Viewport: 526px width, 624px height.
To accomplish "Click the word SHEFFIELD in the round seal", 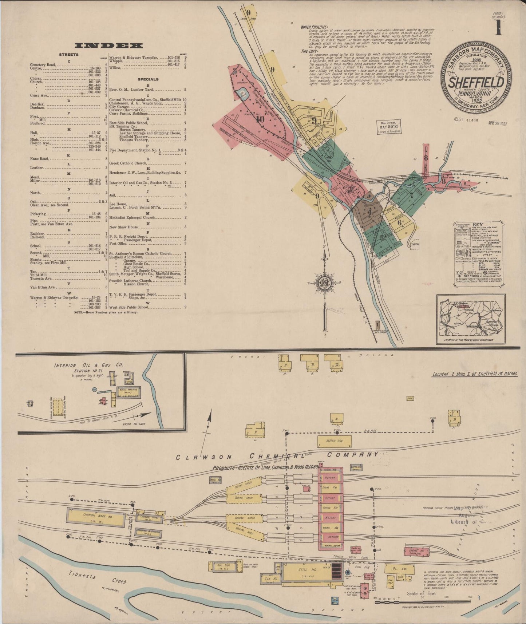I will point(476,82).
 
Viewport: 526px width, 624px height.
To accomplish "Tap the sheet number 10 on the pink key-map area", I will point(260,119).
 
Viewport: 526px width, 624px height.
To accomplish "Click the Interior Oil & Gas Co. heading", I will point(89,365).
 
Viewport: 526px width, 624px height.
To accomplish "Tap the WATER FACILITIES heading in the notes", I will point(314,27).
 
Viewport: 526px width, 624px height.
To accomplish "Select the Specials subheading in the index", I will point(148,79).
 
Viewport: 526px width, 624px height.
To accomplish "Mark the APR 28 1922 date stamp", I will point(498,123).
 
